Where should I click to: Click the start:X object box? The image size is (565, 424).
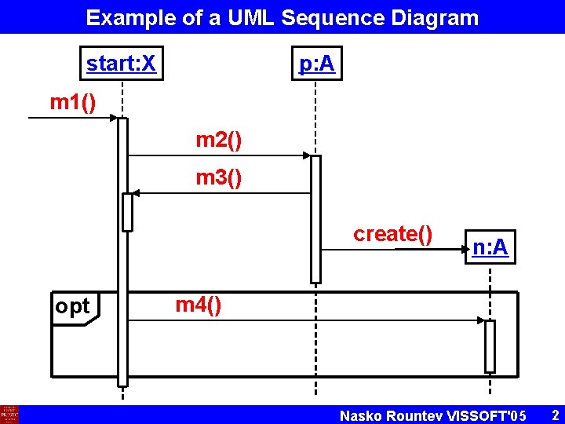[x=121, y=64]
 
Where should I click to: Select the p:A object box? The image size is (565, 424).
[x=315, y=64]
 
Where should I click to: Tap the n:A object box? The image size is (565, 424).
[x=490, y=248]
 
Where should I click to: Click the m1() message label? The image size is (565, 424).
[x=73, y=102]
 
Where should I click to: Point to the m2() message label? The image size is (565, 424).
[x=218, y=141]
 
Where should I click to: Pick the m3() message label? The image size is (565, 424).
[x=218, y=178]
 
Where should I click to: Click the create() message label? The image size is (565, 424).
[x=392, y=234]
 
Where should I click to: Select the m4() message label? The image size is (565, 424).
[x=198, y=305]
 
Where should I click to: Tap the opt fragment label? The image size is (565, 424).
[x=73, y=307]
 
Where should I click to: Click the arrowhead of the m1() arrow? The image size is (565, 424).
[x=114, y=118]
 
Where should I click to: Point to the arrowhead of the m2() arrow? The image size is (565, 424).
[x=306, y=155]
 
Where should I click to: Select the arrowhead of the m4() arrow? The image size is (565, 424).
[x=481, y=320]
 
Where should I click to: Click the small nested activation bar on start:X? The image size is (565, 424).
[x=127, y=212]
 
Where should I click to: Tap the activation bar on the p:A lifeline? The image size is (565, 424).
[x=315, y=219]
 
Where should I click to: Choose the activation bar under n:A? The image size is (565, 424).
[x=490, y=346]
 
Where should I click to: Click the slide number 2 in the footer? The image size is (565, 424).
[x=554, y=415]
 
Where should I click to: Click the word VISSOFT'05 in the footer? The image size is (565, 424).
[x=487, y=415]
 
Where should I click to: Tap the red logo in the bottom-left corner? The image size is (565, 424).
[x=9, y=415]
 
